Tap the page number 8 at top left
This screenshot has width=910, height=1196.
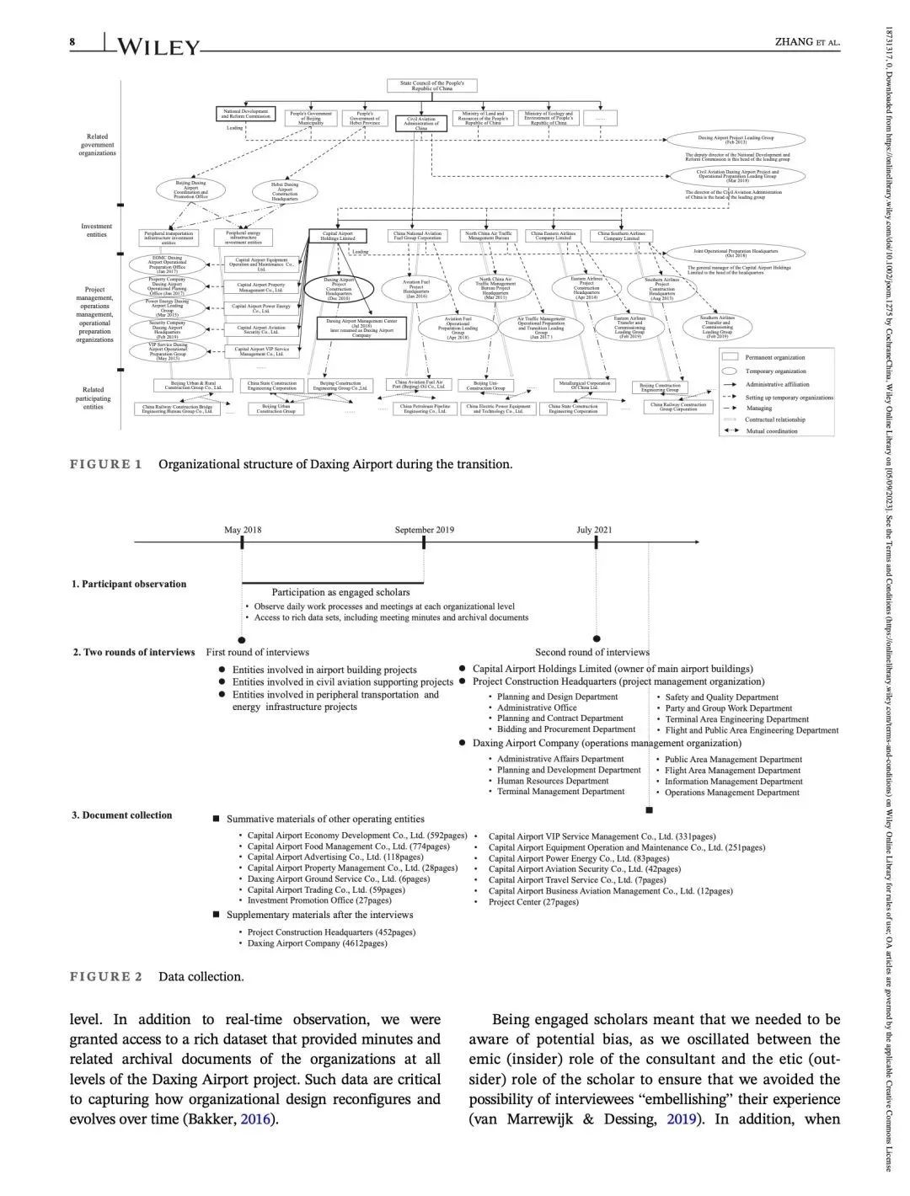coord(73,42)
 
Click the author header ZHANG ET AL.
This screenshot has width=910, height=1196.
coord(806,43)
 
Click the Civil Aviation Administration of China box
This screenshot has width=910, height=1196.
coord(421,123)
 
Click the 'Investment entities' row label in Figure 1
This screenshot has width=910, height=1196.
coord(97,230)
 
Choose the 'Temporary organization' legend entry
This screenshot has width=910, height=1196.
coord(775,371)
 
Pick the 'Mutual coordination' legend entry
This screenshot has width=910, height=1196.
coord(771,431)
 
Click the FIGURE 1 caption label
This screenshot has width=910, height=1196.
coord(105,464)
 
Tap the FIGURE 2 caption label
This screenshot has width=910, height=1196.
coord(105,976)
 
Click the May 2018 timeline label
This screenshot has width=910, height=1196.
coord(243,530)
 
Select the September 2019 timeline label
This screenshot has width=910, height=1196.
coord(424,530)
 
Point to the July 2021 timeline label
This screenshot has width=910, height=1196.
coord(594,530)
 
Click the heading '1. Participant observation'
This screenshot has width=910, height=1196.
coord(129,584)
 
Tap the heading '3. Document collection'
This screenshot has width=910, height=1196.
coord(121,814)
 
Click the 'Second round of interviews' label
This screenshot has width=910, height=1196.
coord(591,652)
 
